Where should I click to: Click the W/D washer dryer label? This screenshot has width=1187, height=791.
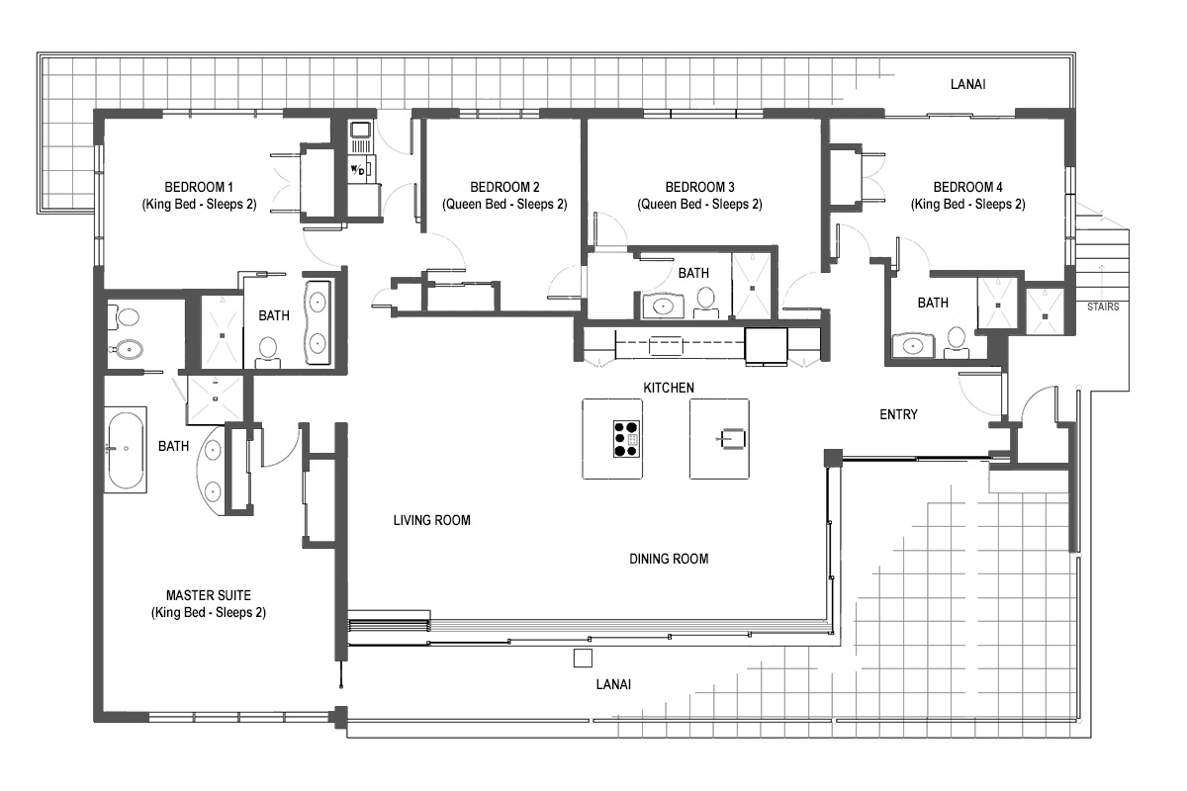coord(358,170)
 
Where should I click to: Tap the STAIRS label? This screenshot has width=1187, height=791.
coord(1103,307)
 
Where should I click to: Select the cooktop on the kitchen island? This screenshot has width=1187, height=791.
coord(626,439)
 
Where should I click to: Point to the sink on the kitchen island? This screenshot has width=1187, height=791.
coord(732,439)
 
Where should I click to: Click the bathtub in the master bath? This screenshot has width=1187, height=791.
coord(126,450)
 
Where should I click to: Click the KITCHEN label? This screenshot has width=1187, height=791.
coord(669,388)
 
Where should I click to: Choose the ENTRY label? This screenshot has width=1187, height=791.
coord(898,414)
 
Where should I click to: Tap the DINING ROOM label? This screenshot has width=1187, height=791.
coord(669,559)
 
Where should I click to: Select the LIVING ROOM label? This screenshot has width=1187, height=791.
coord(432,520)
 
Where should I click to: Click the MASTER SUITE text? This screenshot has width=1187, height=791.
coord(209,595)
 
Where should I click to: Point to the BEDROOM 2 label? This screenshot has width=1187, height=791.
coord(504,187)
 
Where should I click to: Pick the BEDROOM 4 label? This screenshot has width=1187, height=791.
coord(967,187)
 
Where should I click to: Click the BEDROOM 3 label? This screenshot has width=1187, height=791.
coord(699,187)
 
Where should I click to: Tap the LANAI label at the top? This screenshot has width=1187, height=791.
coord(967,84)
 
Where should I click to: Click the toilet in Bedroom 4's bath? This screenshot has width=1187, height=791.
coord(957,343)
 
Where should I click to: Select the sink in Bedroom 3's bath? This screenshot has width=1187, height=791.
coord(663,306)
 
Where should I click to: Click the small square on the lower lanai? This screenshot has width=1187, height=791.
coord(583,659)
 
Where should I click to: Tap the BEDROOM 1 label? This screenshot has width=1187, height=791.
coord(199,187)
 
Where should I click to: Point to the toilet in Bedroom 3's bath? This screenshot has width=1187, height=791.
coord(705,303)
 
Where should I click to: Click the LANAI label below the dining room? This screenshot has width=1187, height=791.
coord(613,684)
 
